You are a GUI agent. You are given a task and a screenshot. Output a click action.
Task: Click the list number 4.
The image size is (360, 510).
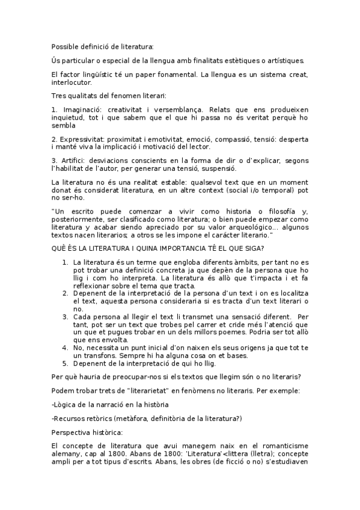[x=66, y=348]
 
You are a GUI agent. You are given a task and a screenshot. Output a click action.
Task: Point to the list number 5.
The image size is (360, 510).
[x=66, y=363]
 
